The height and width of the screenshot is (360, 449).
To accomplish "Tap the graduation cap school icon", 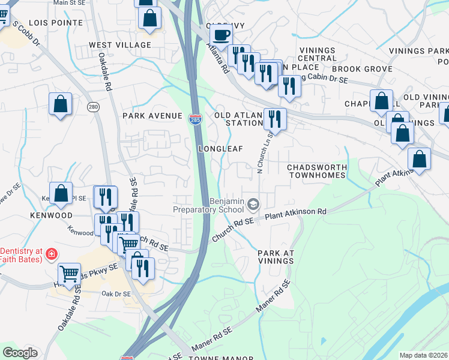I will tap(253, 206).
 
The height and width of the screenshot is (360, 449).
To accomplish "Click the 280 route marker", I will tap(92, 107).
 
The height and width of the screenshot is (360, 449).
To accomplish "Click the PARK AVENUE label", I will tap(152, 115).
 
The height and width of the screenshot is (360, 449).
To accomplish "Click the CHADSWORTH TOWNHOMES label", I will tap(316, 171).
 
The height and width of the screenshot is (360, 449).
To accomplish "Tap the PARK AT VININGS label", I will tap(276, 257).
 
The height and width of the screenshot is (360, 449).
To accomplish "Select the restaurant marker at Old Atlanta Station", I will tap(275, 119).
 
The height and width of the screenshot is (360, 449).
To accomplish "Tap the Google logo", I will tap(20, 353).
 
